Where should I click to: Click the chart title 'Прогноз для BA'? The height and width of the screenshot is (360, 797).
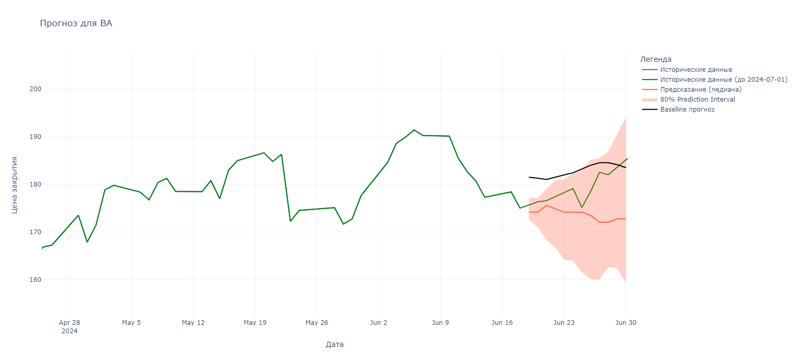coord(76,24)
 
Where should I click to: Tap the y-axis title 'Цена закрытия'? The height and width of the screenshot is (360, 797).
coord(15,185)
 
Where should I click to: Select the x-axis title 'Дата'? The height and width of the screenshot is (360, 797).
coord(335,344)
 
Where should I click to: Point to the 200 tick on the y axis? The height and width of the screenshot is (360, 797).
coord(35,89)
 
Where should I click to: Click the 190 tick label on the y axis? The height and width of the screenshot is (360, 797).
coord(35,137)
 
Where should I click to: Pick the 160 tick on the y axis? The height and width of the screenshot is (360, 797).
coord(35,280)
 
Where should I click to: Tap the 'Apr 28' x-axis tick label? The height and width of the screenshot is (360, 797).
coord(69,323)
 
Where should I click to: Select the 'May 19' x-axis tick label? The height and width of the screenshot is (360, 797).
coord(255,323)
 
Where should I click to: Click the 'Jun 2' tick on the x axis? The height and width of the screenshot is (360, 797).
coord(379,323)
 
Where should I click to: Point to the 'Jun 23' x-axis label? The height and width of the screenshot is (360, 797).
coord(564,323)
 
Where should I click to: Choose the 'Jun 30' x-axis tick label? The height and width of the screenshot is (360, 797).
coord(626,323)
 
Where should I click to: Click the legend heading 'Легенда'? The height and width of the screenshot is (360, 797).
coord(656,59)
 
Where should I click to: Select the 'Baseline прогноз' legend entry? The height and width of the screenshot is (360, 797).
coord(687,110)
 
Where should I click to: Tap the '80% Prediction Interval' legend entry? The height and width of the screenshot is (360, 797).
coord(697,100)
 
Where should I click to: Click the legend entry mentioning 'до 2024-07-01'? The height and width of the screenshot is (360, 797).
coord(724,80)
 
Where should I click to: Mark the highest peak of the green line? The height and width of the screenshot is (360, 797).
coord(414,130)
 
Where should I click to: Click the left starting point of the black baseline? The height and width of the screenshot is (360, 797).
coord(529,177)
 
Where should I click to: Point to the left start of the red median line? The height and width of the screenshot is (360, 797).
coord(529,212)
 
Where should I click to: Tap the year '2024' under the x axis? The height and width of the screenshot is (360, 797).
coord(69,331)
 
